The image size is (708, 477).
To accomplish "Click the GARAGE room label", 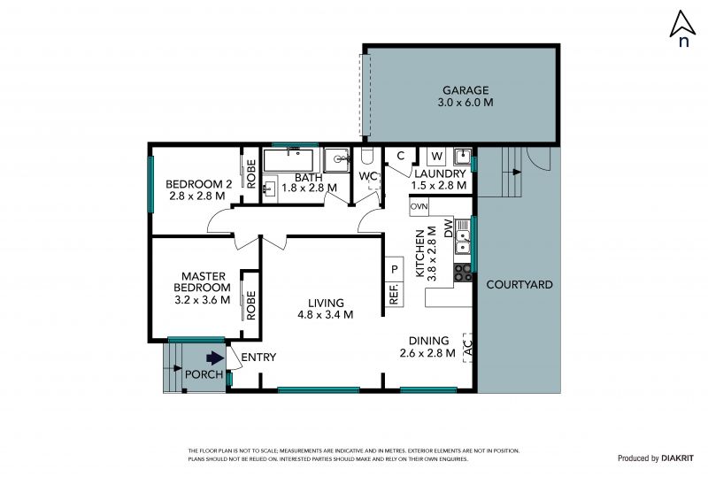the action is tap(466, 90).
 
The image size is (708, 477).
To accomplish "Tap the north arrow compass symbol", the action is tap(682, 28).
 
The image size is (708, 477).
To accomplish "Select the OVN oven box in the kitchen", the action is tap(419, 207).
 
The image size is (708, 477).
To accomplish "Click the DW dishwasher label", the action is tap(448, 228).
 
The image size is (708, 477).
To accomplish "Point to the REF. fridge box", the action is tap(394, 294).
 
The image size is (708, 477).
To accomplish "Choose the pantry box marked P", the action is tap(394, 269).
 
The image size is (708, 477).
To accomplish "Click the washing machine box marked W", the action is tap(436, 157).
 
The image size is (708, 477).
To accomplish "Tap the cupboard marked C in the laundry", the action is tap(401, 156).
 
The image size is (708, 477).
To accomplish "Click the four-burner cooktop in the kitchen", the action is tap(463, 273).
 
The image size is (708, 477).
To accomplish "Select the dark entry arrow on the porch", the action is tap(215, 358).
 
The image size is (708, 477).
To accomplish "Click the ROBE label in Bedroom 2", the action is tap(251, 174).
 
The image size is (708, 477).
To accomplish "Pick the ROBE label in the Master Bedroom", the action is tap(251, 305).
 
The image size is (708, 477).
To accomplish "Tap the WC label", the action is tap(368, 176).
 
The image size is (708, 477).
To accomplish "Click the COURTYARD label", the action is tap(519, 285).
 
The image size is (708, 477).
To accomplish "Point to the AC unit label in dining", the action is tap(468, 348).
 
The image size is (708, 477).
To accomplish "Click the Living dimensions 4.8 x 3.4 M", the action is tap(326, 315).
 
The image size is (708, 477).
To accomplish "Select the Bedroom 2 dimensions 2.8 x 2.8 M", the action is tap(197, 196).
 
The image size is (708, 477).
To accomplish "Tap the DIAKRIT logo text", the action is tap(677, 458).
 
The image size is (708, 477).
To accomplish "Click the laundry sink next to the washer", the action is tap(462, 157).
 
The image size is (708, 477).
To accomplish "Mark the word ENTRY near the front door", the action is tap(258, 358).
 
